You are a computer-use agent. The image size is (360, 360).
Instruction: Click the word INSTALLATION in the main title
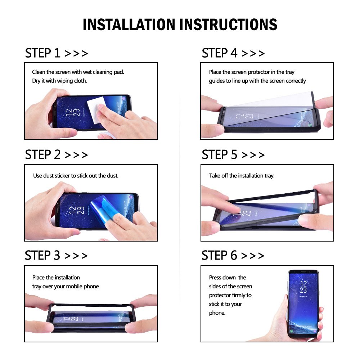tap(129, 24)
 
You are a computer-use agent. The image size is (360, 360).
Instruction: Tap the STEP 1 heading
tap(43, 53)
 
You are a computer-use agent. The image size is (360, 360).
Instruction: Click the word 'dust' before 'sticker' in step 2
tap(49, 176)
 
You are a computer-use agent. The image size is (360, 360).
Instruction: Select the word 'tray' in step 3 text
tap(37, 287)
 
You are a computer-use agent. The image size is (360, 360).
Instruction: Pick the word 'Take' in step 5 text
tap(215, 176)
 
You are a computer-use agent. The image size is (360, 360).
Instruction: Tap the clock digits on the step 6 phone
tap(303, 287)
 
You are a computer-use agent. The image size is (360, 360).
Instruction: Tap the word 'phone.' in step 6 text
tap(217, 313)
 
